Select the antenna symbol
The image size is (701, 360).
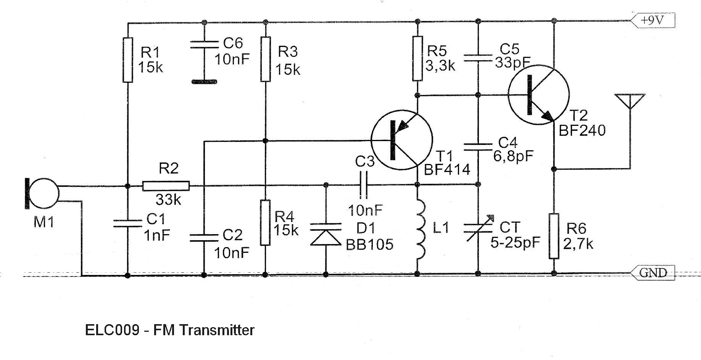(x=630, y=101)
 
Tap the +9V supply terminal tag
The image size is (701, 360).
(x=653, y=20)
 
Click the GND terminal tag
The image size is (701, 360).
(x=653, y=273)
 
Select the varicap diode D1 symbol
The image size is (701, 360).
(x=326, y=234)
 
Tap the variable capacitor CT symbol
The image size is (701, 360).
(x=478, y=228)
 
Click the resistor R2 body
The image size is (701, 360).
(x=166, y=186)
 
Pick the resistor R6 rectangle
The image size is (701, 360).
(x=554, y=236)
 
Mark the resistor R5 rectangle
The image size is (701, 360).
(x=418, y=59)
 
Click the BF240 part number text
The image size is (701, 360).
(x=582, y=131)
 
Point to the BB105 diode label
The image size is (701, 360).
(x=369, y=244)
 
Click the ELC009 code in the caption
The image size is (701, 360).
(x=112, y=330)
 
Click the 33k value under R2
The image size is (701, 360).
(x=168, y=199)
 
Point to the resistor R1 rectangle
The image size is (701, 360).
(x=128, y=60)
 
